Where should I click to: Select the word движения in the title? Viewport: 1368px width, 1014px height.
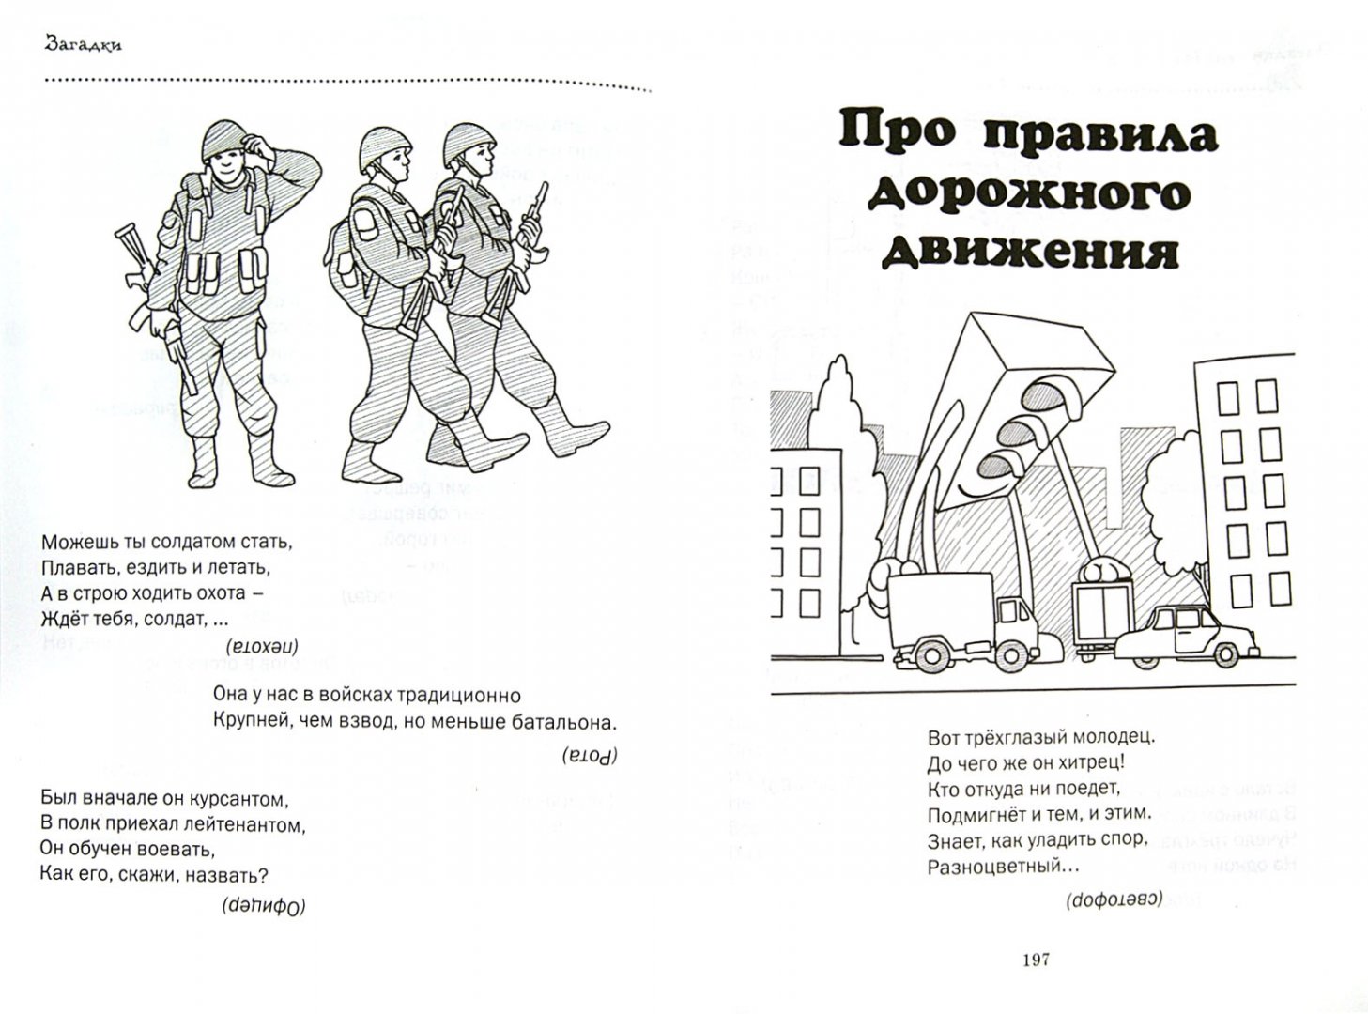1029,252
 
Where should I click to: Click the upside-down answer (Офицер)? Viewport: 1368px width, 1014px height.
266,906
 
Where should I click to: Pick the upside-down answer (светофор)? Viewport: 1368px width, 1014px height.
1114,899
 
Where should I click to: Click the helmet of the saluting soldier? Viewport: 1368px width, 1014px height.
222,141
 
